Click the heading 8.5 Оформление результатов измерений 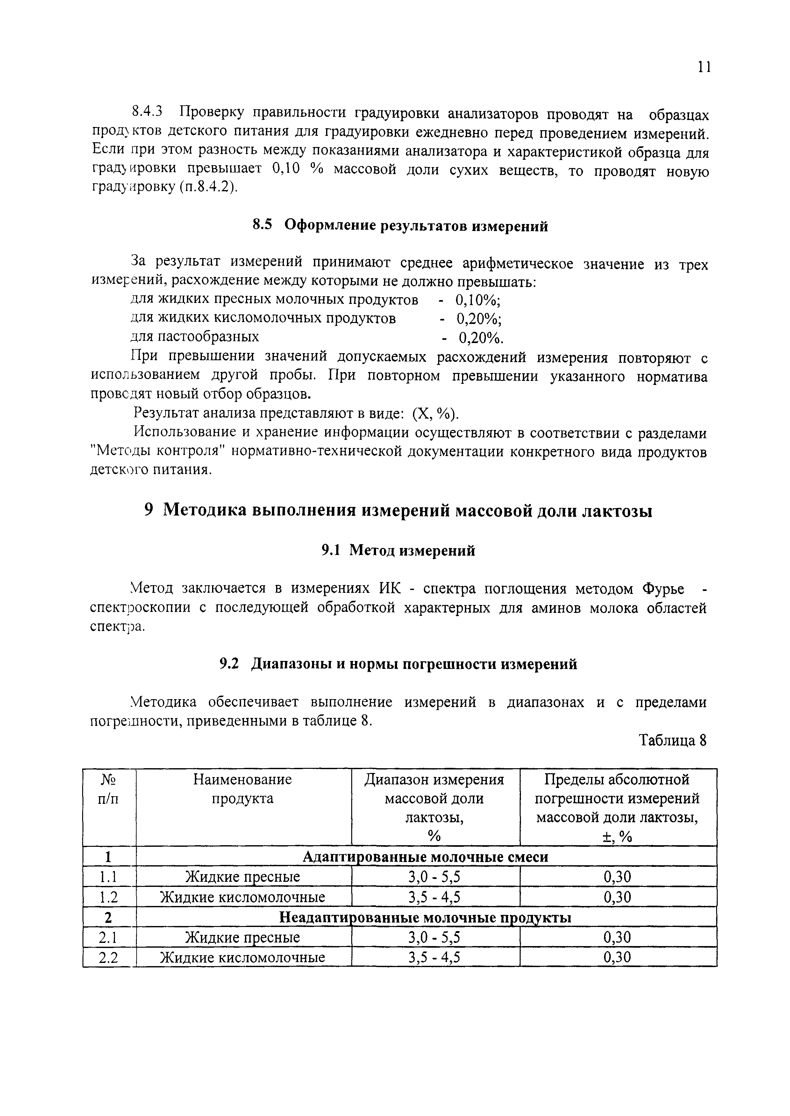(x=400, y=226)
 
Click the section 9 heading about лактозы (x=399, y=511)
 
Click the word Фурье (x=663, y=589)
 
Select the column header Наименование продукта (x=242, y=789)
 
